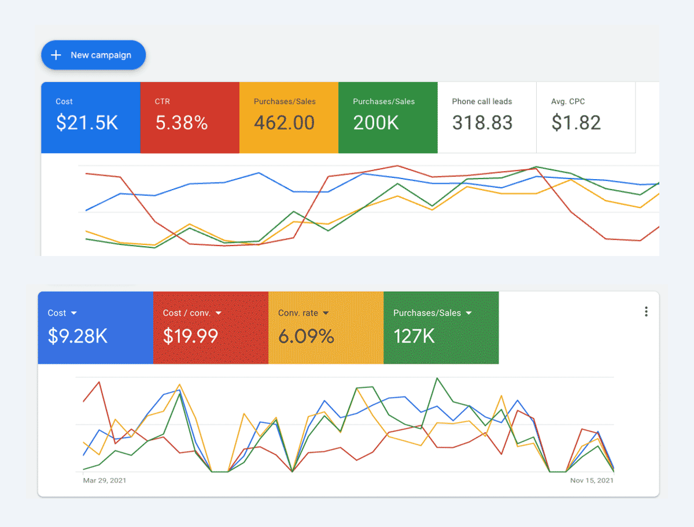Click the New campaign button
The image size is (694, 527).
pyautogui.click(x=93, y=55)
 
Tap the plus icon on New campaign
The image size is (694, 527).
pyautogui.click(x=56, y=55)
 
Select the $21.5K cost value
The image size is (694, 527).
pyautogui.click(x=87, y=123)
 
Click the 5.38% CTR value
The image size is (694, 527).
pyautogui.click(x=182, y=123)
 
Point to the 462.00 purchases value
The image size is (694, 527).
pyautogui.click(x=284, y=123)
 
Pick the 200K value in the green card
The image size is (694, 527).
pyautogui.click(x=376, y=123)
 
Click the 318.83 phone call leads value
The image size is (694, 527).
pyautogui.click(x=482, y=123)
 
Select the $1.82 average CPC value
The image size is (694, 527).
pyautogui.click(x=576, y=123)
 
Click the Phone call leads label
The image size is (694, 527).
pyautogui.click(x=482, y=102)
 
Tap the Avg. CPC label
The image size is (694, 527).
pyautogui.click(x=568, y=102)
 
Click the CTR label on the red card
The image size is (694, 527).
pyautogui.click(x=163, y=102)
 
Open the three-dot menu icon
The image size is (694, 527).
pyautogui.click(x=646, y=311)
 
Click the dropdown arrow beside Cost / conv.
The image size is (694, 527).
pyautogui.click(x=218, y=313)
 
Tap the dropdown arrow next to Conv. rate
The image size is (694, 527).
pyautogui.click(x=326, y=313)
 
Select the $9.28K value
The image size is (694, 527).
pyautogui.click(x=77, y=336)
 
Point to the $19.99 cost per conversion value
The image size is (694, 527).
pyautogui.click(x=190, y=336)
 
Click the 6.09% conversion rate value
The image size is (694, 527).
pyautogui.click(x=306, y=336)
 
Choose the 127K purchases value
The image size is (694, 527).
pyautogui.click(x=414, y=336)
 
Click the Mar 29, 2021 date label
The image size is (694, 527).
pyautogui.click(x=105, y=480)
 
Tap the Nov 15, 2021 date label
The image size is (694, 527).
pyautogui.click(x=592, y=480)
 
